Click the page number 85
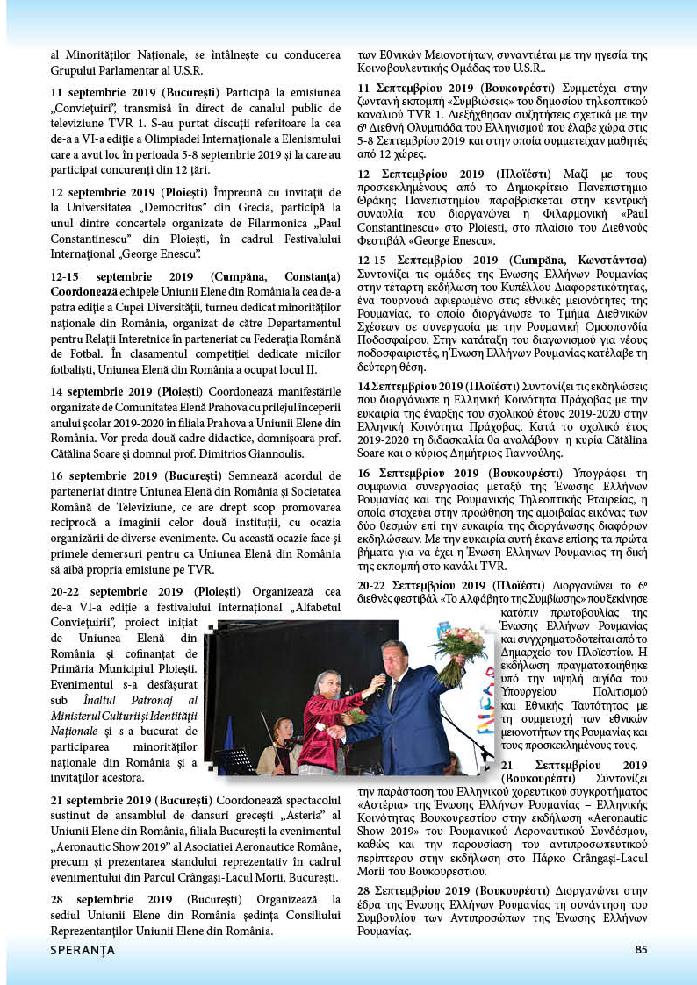coord(640,948)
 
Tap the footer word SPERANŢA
coord(81,948)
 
